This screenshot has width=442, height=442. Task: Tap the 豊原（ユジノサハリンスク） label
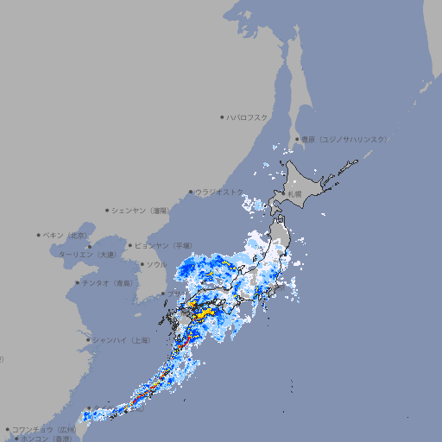[x=344, y=139]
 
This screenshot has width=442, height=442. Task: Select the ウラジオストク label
[x=218, y=192]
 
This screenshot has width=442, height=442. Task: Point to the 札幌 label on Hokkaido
[x=295, y=194]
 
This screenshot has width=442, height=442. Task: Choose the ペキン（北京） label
[x=66, y=235]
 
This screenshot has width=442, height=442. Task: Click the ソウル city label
[x=156, y=264]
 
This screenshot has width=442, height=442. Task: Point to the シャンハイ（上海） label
[x=122, y=340]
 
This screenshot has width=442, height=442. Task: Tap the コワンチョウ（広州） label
[x=43, y=429]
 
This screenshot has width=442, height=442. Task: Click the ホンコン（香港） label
[x=43, y=439]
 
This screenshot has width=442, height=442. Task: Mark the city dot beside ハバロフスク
[x=222, y=117]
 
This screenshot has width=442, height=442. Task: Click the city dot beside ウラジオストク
[x=191, y=192]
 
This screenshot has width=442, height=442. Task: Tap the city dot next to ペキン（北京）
[x=39, y=235]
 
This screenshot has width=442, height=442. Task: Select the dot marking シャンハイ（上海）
[x=88, y=340]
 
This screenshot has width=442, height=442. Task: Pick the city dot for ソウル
[x=141, y=264]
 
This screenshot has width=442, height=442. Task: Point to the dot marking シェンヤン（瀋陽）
[x=108, y=210]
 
